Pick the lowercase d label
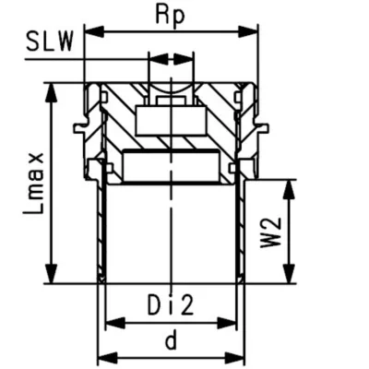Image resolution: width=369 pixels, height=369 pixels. tap(171, 340)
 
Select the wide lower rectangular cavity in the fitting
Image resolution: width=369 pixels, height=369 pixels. tap(170, 164)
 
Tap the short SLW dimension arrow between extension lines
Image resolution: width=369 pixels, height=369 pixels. tap(171, 60)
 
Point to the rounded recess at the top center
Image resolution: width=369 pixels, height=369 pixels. tap(171, 92)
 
